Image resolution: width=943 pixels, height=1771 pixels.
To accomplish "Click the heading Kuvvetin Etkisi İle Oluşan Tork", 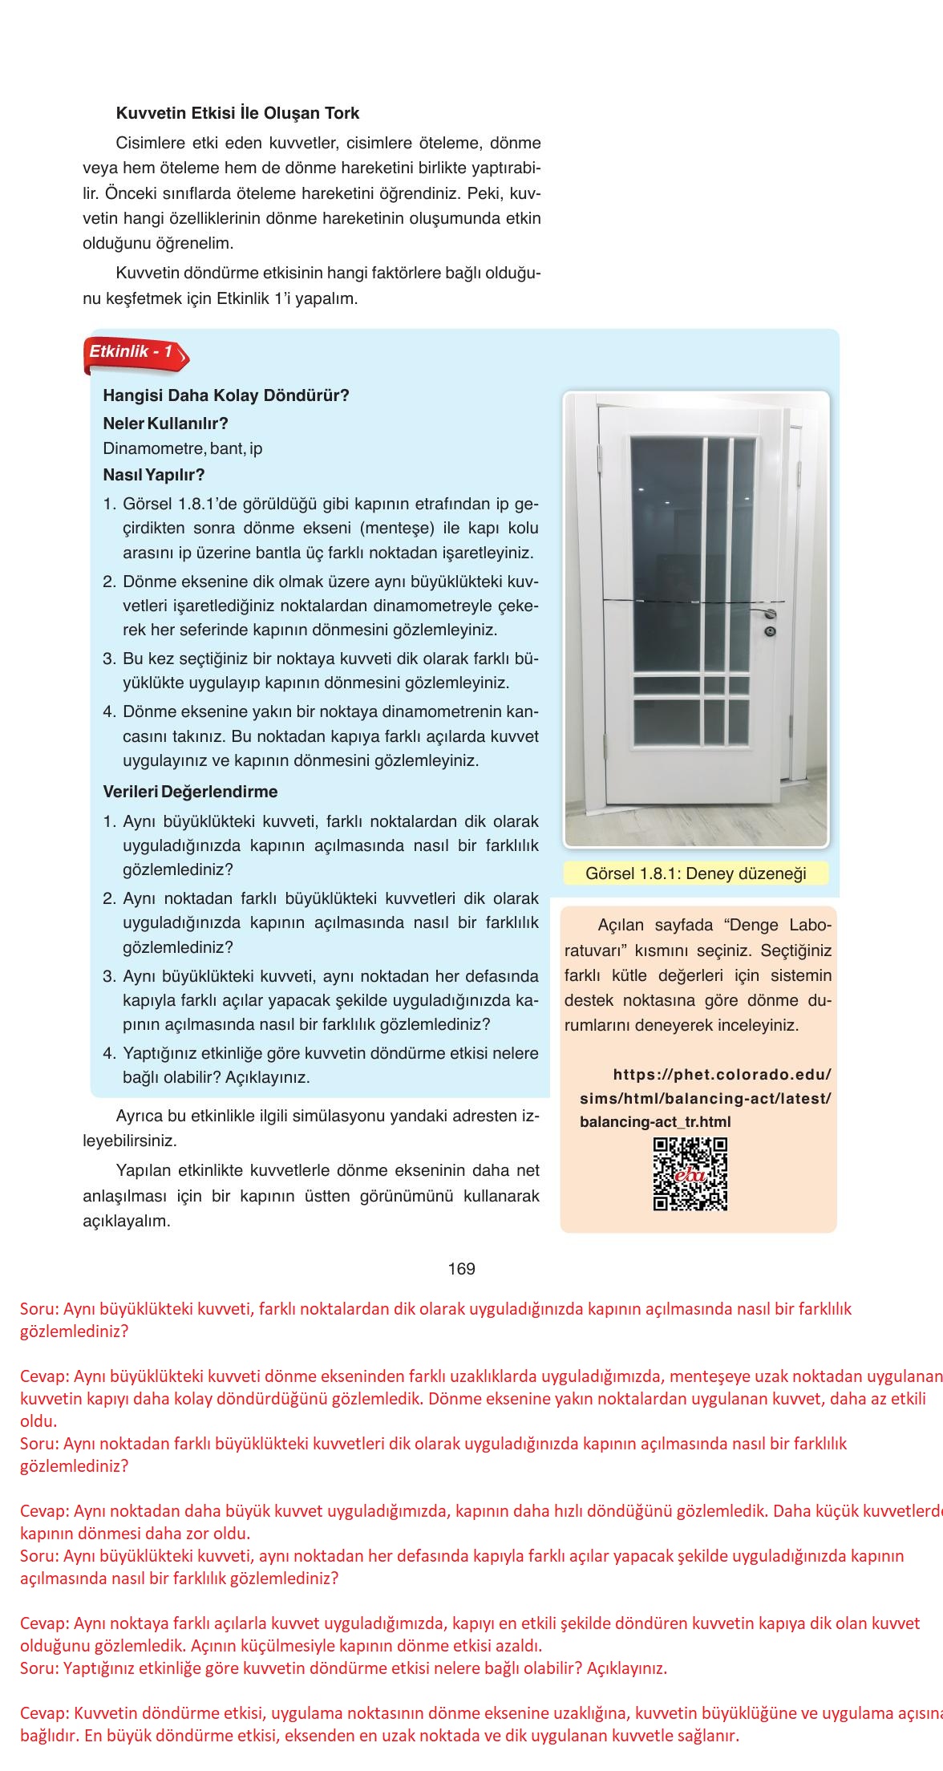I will tap(237, 113).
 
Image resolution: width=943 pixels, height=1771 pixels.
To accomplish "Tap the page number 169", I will tap(462, 1268).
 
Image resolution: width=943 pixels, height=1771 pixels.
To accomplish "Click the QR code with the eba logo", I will tap(690, 1174).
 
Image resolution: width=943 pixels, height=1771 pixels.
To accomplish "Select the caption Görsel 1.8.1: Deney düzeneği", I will tap(695, 873).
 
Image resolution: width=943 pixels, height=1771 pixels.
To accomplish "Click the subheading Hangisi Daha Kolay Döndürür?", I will tap(226, 395).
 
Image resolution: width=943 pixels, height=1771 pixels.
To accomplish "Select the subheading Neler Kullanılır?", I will tap(166, 423).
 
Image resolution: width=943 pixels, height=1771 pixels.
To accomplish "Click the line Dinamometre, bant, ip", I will tap(183, 448).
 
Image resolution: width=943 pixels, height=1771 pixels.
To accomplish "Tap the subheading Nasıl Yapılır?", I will tap(154, 474).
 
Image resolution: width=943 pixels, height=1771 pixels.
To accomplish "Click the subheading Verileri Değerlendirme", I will tap(190, 792).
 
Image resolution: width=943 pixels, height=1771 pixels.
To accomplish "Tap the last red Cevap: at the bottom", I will tap(45, 1714).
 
